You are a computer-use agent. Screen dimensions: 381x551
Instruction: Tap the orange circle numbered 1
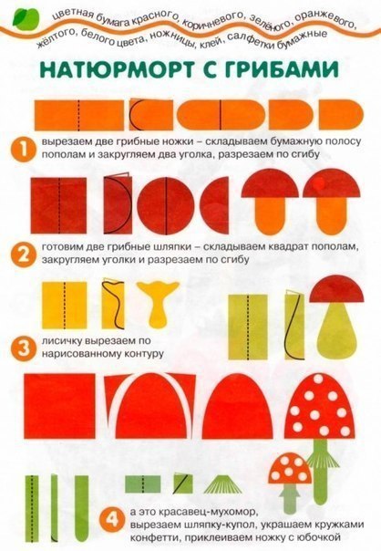coord(23,150)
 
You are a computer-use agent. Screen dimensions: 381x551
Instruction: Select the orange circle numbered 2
coord(23,254)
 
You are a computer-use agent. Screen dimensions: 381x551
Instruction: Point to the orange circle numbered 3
coord(23,348)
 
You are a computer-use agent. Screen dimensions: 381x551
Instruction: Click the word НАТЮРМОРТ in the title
coord(124,69)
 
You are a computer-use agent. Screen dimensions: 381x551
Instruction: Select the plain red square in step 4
coord(60,406)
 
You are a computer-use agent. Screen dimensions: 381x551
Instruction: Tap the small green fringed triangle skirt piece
coord(221,484)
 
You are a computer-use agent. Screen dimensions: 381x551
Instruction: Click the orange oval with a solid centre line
coord(221,115)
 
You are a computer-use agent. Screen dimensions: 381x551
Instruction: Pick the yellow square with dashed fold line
coord(65,305)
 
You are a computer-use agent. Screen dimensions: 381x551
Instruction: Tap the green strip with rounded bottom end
coord(82,505)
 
